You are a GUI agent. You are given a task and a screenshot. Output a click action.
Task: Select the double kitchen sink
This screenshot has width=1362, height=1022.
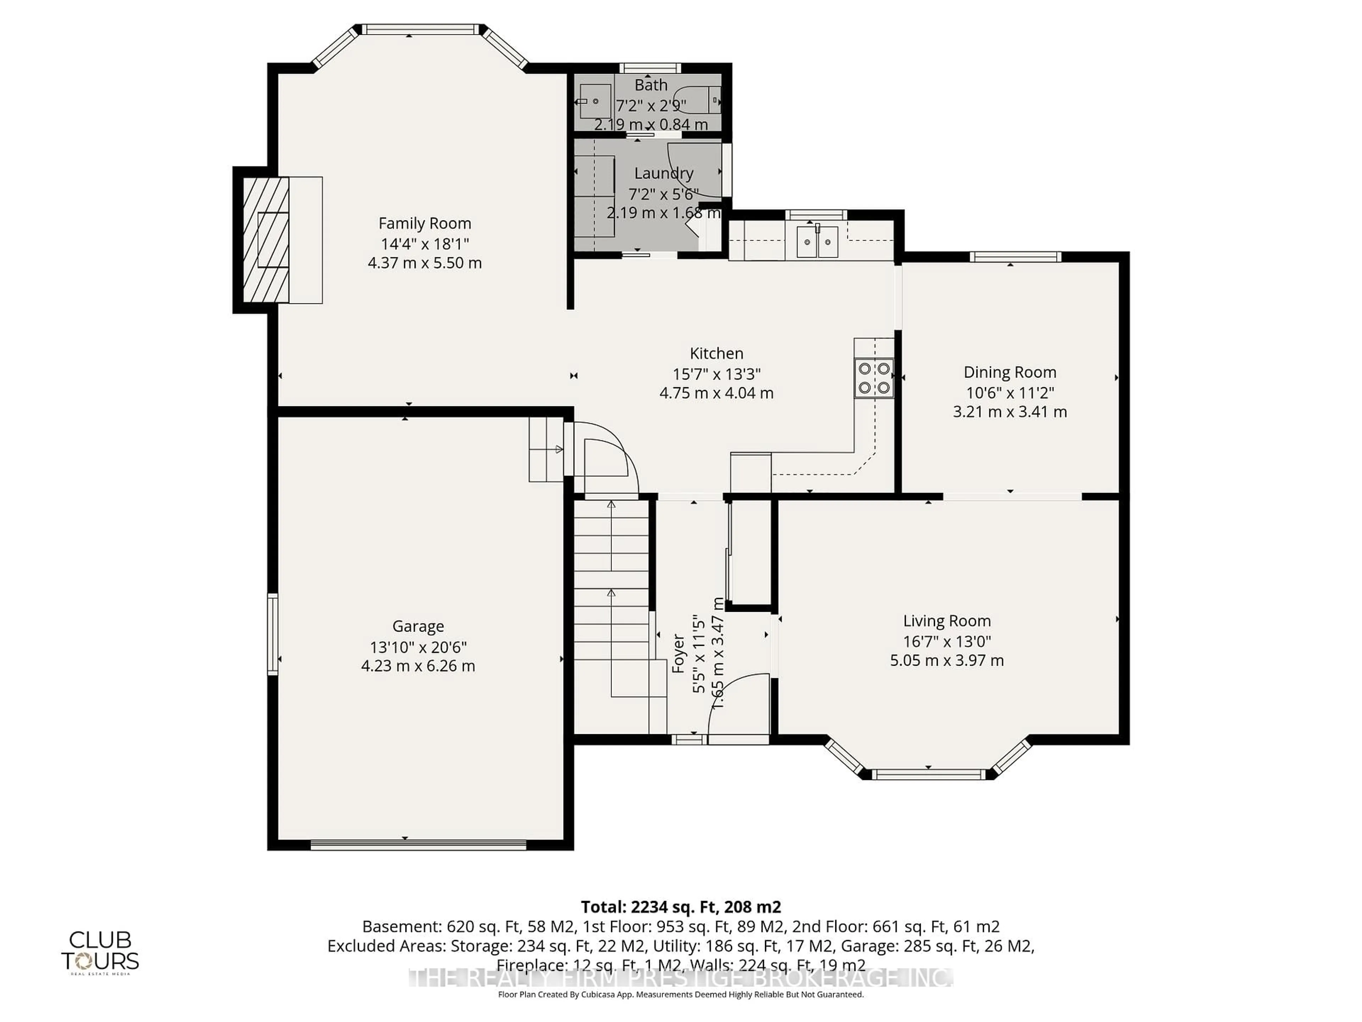[817, 242]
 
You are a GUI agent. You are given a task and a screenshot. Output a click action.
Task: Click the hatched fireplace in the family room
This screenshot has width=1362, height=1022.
[266, 240]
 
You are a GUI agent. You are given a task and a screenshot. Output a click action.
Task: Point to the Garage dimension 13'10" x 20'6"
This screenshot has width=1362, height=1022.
[418, 647]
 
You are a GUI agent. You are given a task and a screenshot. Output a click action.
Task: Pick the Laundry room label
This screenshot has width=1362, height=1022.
[663, 174]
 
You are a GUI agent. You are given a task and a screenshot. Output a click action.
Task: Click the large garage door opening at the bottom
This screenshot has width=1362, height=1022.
[418, 845]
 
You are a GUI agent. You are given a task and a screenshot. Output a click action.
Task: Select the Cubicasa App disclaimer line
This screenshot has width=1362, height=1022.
[680, 994]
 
